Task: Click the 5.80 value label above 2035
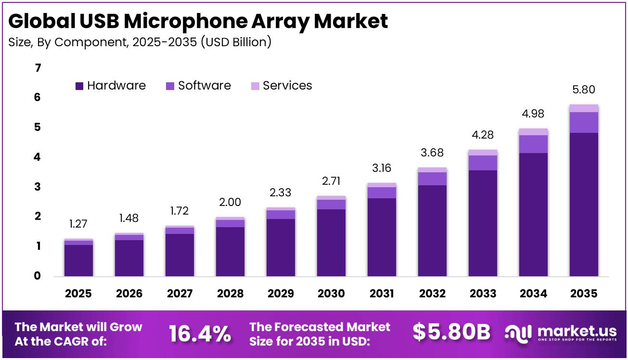584,90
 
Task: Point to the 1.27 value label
79,224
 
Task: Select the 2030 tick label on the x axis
331,293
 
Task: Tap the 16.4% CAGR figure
200,334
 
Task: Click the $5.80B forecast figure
451,333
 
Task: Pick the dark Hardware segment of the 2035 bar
584,205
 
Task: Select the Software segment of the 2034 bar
533,144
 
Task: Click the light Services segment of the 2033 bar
483,153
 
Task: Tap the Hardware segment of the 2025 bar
79,260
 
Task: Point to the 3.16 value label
382,168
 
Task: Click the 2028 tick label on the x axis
230,293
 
